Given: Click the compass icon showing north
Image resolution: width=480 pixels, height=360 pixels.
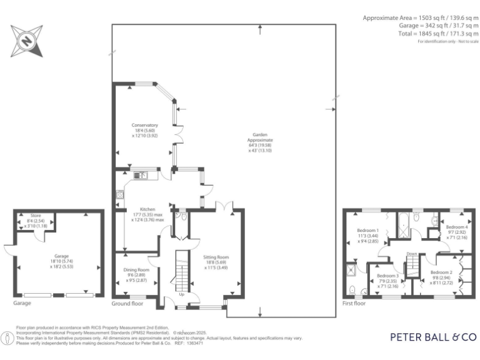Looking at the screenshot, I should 26,41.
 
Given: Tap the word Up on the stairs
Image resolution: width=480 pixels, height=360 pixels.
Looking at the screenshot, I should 182,294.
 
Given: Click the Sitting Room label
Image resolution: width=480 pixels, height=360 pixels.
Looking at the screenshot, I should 216,257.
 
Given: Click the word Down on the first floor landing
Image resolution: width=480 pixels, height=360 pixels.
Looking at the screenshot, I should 411,254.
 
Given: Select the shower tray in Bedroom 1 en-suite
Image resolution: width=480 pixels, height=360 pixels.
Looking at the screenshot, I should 354,270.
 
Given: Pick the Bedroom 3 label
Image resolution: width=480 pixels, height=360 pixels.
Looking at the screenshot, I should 387,276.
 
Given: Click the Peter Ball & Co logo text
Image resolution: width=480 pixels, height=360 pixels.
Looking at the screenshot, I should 432,337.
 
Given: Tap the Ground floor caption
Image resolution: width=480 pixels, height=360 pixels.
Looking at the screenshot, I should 127,303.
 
